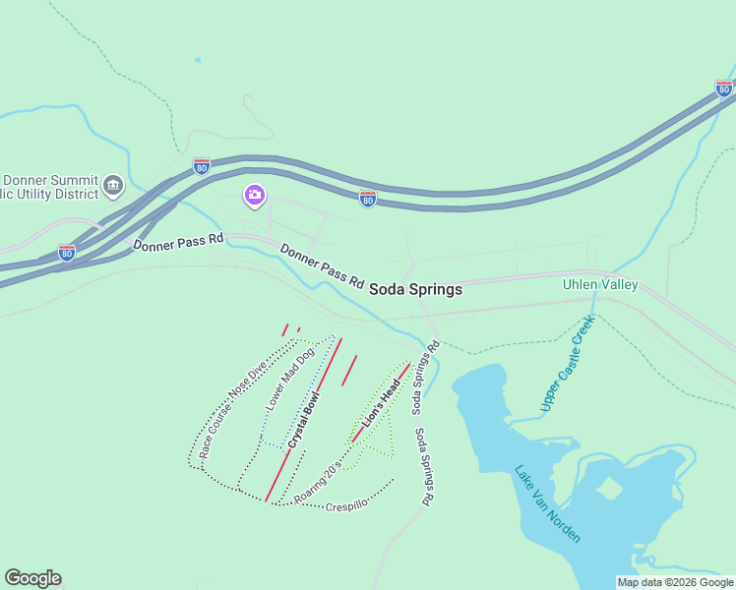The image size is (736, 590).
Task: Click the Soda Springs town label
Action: coord(415,290)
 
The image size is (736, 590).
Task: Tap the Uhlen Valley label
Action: coord(599,285)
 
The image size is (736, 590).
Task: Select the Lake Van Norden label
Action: coord(547,502)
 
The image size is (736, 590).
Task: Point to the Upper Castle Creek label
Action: coord(568,363)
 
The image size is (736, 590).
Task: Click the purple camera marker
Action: coord(254,196)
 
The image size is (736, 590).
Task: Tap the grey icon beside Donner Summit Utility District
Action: coord(113,184)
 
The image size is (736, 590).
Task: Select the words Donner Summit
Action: coord(50,181)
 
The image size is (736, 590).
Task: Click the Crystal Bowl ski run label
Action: coord(305,420)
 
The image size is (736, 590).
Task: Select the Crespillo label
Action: coord(345,505)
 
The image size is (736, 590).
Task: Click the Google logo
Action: coord(32,578)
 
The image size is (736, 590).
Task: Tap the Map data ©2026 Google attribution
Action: coord(675,582)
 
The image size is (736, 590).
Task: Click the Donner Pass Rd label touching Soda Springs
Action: coord(321,265)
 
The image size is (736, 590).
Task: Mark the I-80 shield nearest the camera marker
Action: coord(202,166)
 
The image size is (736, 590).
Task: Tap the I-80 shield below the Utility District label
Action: coord(66,253)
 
